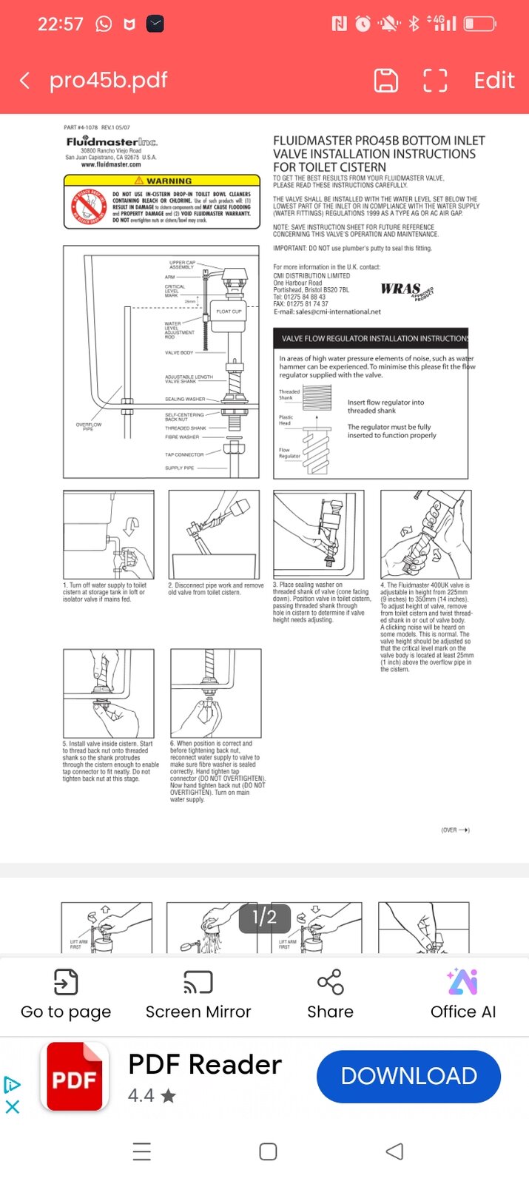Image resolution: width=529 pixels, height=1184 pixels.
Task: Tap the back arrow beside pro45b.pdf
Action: click(25, 81)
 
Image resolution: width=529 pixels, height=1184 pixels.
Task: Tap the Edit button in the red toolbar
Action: click(493, 81)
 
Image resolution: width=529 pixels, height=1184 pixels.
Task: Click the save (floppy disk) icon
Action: click(385, 81)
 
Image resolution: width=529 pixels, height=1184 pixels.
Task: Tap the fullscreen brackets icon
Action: click(435, 81)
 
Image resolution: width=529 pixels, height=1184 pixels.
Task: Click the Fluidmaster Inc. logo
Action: click(112, 141)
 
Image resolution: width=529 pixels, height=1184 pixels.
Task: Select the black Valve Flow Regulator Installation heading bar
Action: click(371, 338)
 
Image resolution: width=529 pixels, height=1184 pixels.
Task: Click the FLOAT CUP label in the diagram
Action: click(229, 312)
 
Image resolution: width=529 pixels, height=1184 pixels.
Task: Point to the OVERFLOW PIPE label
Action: click(88, 426)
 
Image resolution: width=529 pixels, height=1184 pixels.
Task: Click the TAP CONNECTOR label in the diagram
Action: click(184, 454)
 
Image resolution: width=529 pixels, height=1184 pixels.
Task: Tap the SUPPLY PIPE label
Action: click(179, 468)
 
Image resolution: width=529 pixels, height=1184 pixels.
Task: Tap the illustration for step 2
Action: click(214, 534)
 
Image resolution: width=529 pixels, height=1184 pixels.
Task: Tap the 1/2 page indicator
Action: click(264, 918)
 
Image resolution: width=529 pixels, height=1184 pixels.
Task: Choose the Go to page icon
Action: click(66, 983)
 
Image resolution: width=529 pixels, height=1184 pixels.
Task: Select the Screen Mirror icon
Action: click(198, 983)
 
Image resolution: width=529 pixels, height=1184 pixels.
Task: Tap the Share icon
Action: click(330, 983)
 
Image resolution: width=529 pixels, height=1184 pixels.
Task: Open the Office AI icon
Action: click(462, 983)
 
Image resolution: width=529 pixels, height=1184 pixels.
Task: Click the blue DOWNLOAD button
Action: click(408, 1076)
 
